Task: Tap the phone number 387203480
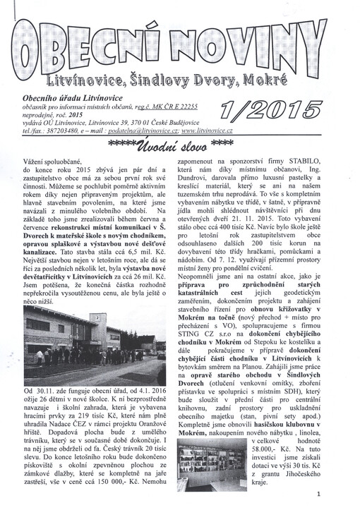(68, 131)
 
